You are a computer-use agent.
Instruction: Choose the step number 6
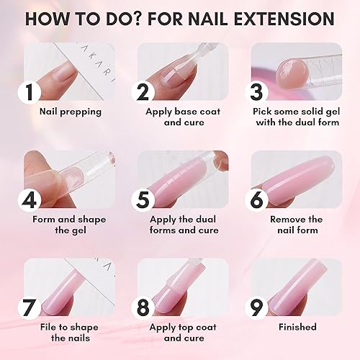coord(258,199)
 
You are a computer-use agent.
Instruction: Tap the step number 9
coord(258,307)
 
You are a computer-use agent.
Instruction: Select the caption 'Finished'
coord(297,327)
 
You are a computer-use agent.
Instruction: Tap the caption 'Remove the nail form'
coord(296,225)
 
